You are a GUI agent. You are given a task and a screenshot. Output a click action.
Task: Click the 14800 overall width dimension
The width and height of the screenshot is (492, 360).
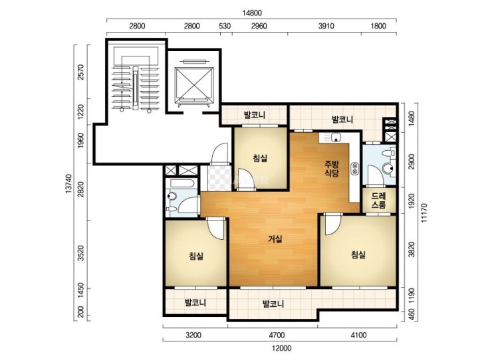pos(252,13)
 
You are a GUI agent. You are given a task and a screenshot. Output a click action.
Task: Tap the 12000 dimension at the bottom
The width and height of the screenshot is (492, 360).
pos(281,348)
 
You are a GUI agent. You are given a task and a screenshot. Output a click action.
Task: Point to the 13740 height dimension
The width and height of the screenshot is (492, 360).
pos(69,184)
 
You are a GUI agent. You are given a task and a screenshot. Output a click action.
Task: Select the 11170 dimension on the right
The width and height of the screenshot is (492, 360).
pos(424,213)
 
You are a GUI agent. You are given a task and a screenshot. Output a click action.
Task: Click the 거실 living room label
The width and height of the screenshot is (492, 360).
pos(275,239)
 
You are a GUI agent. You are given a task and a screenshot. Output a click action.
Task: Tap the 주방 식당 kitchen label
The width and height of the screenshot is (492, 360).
pos(332,169)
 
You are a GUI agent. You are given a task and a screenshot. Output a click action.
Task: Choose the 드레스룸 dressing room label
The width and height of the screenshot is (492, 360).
pos(379,201)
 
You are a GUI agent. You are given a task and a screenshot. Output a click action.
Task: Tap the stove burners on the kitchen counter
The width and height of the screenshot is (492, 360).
pos(355,169)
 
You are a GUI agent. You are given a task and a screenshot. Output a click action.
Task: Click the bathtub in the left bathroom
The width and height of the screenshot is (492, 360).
pos(180,183)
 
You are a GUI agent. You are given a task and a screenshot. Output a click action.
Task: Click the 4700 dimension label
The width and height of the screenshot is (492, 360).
pos(277,335)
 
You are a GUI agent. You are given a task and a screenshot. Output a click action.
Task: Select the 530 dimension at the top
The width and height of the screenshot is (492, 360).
pos(225,26)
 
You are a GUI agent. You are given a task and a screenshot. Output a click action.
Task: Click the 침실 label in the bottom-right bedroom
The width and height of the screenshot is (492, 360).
pos(358,254)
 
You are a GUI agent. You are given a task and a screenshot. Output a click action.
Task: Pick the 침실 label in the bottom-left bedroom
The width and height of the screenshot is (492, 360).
pos(196,256)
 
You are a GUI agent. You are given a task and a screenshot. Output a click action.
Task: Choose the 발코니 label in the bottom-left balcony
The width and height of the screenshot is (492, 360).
pos(195,303)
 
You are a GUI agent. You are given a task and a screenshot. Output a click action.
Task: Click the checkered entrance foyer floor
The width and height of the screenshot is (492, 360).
pos(219,178)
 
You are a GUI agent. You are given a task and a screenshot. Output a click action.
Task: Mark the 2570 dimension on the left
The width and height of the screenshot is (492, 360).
pos(80,72)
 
